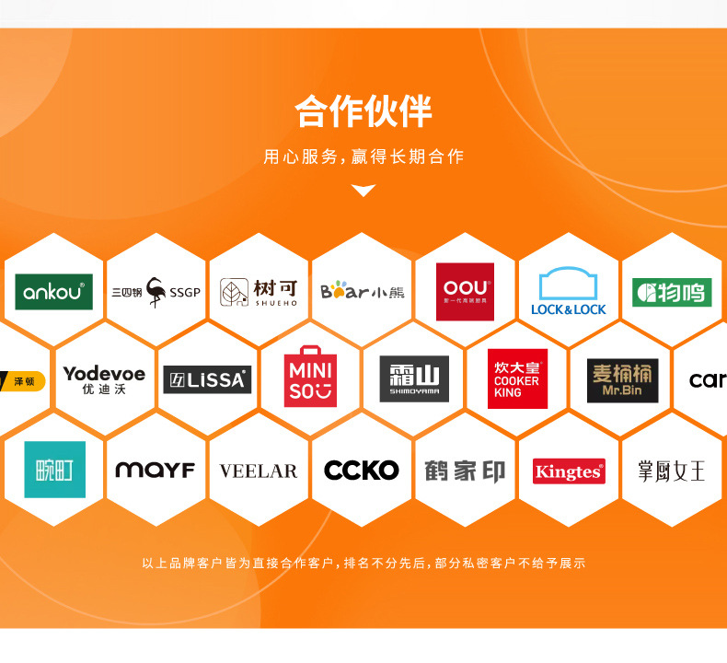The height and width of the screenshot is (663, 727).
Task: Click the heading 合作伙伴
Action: click(363, 111)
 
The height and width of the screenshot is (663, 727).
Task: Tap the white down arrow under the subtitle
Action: click(364, 191)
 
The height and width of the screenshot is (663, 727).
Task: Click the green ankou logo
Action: click(53, 292)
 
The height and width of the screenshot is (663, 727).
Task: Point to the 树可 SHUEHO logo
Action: click(259, 292)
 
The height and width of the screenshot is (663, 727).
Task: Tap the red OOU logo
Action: click(465, 291)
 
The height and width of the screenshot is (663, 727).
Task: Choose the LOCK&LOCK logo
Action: click(569, 292)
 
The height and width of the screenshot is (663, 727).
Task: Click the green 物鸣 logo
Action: click(672, 292)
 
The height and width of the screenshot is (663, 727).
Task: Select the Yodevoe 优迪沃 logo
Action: click(104, 379)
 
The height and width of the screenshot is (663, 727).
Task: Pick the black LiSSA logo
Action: click(207, 379)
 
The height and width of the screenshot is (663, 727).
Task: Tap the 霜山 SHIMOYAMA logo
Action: click(414, 378)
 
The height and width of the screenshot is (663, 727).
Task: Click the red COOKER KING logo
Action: click(517, 378)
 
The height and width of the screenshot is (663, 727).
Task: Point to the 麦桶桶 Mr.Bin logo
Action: click(622, 379)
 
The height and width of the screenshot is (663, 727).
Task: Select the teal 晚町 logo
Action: click(54, 470)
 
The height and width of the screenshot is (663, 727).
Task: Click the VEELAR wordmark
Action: click(259, 471)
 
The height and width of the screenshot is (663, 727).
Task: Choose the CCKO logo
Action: click(362, 470)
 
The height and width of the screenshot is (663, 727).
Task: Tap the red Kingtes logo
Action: click(569, 471)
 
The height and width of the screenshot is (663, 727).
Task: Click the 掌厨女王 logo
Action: click(672, 471)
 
